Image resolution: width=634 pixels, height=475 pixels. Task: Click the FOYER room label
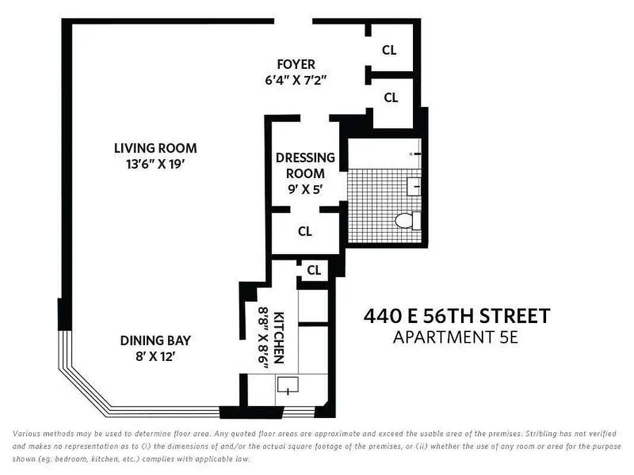pos(296,64)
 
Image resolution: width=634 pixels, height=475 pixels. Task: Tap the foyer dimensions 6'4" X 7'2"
pos(296,80)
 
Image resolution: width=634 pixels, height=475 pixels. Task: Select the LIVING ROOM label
pos(155,148)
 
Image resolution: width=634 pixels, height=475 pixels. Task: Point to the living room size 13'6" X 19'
pos(155,164)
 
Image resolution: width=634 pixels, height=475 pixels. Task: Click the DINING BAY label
pos(155,341)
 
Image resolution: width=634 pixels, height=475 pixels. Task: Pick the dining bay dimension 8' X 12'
pos(155,357)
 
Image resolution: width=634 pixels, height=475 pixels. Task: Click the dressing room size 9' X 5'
pos(305,190)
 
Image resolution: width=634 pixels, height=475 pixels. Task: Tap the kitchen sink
pos(288,386)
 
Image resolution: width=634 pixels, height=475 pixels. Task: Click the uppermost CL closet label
pos(389,50)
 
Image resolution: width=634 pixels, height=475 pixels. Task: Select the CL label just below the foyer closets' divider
pos(390,98)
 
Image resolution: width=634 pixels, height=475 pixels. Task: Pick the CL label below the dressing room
pos(305,232)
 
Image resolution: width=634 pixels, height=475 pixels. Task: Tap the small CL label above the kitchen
pos(314,271)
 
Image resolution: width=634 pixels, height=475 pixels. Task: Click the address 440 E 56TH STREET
pos(456,316)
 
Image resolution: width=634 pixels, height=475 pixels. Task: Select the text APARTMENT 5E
pos(456,337)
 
